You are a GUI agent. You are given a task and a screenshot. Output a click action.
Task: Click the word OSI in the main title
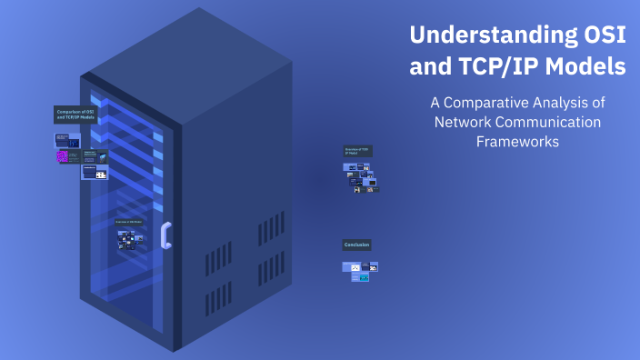pos(600,36)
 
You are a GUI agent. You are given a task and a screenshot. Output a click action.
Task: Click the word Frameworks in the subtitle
pos(517,142)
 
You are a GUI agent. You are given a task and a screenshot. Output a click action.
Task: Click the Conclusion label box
pos(356,245)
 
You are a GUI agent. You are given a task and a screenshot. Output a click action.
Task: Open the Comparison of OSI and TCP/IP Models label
pos(75,115)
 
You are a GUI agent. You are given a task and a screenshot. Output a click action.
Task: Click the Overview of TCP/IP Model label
pos(357,150)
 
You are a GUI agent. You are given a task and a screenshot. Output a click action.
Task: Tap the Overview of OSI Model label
pos(128,221)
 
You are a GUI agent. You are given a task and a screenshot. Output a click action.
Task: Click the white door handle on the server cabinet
pos(165,235)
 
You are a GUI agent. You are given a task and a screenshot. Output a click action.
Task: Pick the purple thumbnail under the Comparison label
pos(63,156)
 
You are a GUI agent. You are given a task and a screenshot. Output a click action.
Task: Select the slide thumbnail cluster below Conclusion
pos(360,271)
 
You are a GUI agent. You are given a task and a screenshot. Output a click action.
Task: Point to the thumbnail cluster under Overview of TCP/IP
pos(362,176)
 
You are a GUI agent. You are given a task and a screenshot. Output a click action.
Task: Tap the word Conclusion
pos(356,245)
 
